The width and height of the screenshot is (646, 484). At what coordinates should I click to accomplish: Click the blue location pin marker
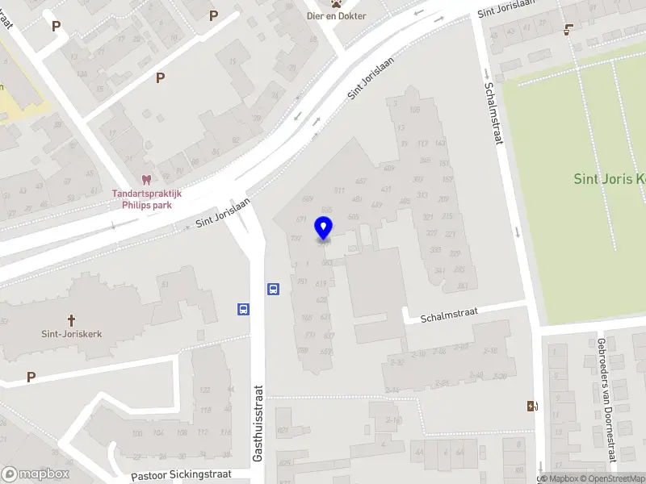pyautogui.click(x=324, y=228)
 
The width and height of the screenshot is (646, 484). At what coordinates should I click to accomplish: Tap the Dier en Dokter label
pyautogui.click(x=336, y=16)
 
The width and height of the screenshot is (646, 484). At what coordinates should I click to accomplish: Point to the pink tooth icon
pyautogui.click(x=146, y=181)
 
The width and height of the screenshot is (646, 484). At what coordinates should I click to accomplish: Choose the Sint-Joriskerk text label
pyautogui.click(x=71, y=333)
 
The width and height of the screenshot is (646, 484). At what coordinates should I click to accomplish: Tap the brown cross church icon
pyautogui.click(x=71, y=319)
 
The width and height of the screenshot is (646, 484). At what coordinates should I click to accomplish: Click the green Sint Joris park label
pyautogui.click(x=609, y=179)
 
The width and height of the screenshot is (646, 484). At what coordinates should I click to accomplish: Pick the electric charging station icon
pyautogui.click(x=531, y=406)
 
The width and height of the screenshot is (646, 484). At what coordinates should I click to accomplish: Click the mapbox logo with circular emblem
pyautogui.click(x=36, y=474)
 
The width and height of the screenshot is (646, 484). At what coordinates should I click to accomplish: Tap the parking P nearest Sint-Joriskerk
pyautogui.click(x=31, y=377)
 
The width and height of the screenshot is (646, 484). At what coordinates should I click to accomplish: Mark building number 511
pyautogui.click(x=339, y=191)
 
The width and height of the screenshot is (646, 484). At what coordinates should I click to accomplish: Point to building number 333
pyautogui.click(x=436, y=250)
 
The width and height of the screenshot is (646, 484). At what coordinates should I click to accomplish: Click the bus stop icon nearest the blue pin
pyautogui.click(x=273, y=290)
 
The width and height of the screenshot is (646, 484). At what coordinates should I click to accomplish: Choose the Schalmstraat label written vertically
pyautogui.click(x=493, y=114)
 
